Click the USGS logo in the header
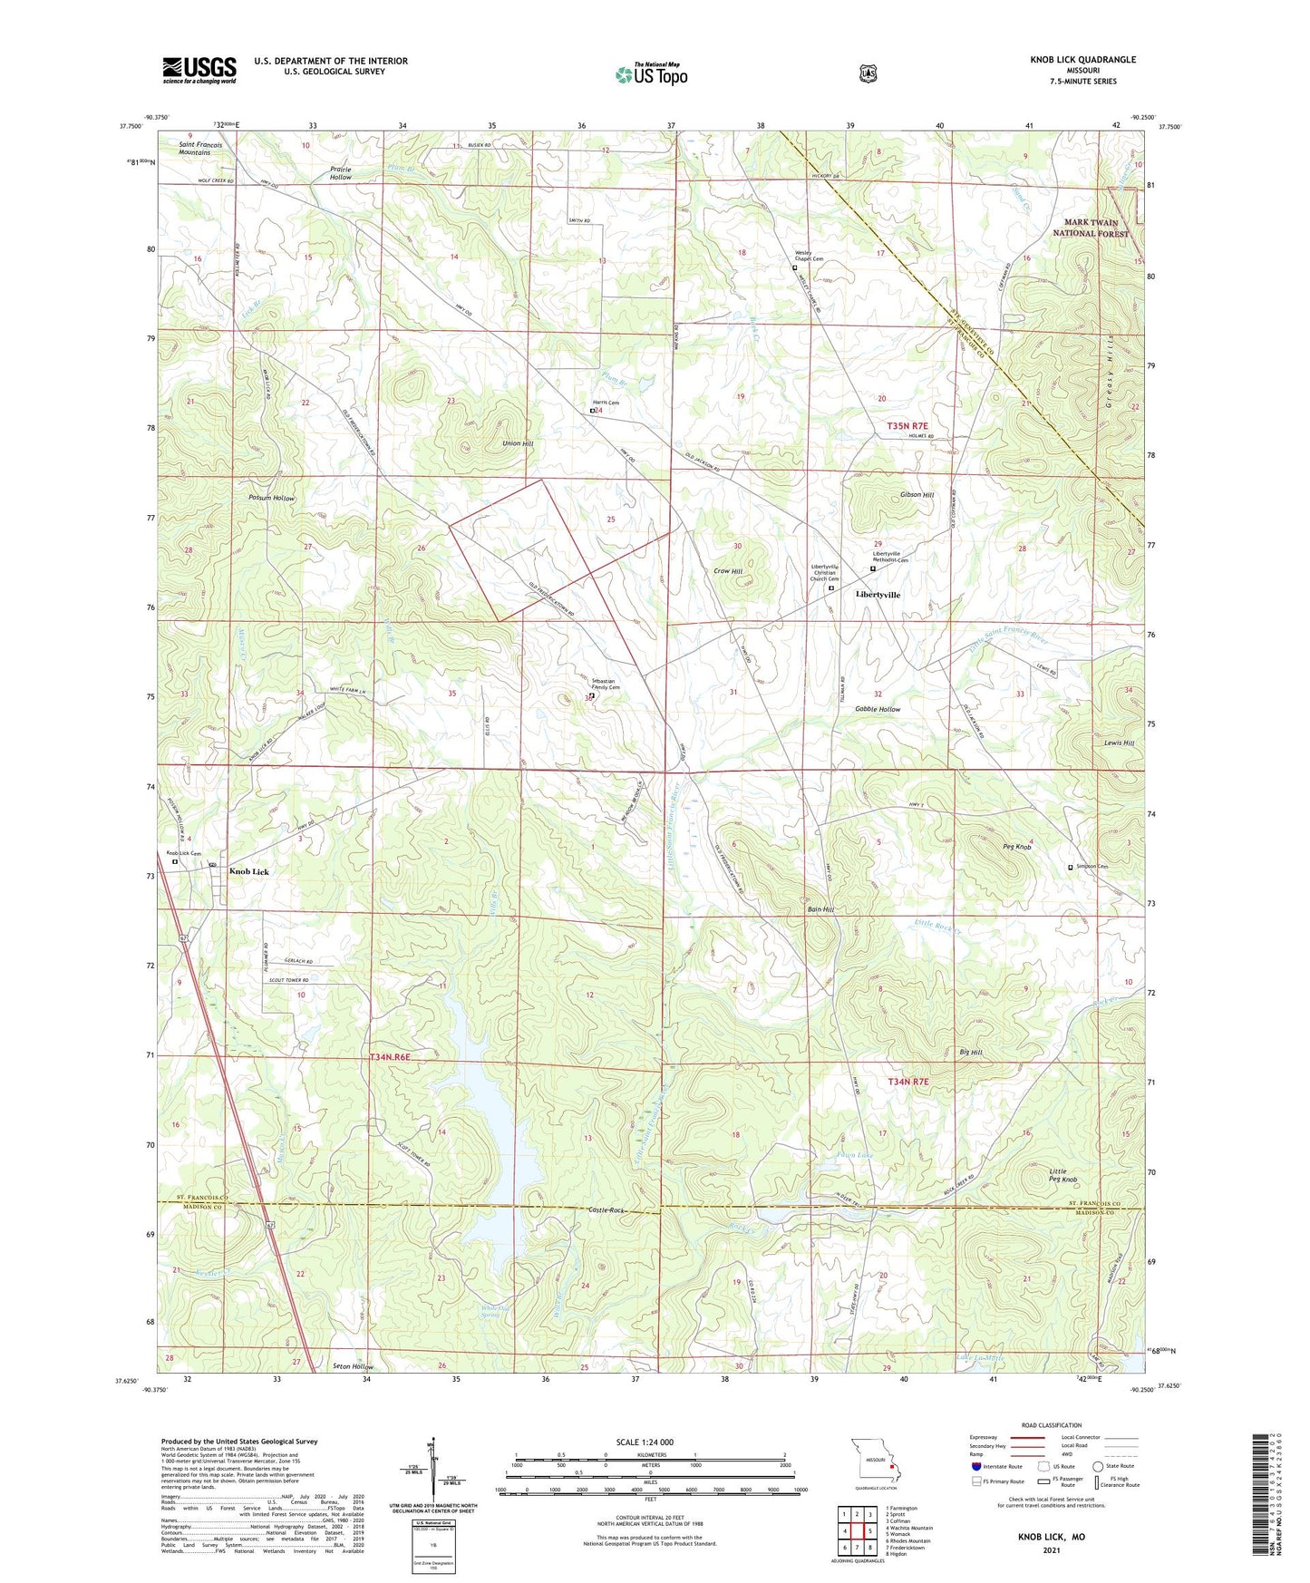click(x=199, y=70)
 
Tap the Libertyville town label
click(x=878, y=595)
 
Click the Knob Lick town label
click(x=248, y=871)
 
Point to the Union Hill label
click(x=518, y=443)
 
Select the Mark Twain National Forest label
click(x=1090, y=228)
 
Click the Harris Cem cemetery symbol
click(x=593, y=411)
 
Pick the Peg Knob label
click(x=1017, y=847)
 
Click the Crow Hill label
click(x=728, y=571)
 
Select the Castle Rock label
click(x=606, y=1210)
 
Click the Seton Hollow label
click(x=353, y=1366)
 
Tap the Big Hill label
click(x=971, y=1052)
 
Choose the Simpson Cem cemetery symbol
click(x=1070, y=868)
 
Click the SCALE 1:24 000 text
click(x=645, y=1442)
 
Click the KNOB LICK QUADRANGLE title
click(x=1082, y=60)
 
